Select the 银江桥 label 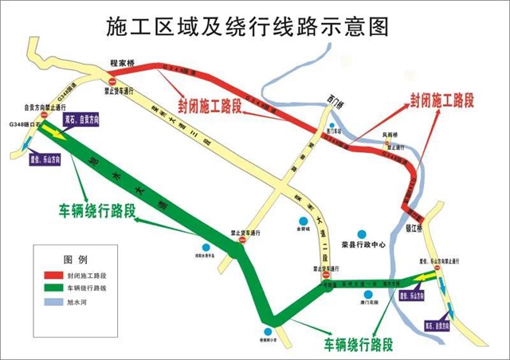point(414,225)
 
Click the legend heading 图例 point(75,260)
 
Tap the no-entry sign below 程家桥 point(112,80)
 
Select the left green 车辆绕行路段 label point(96,212)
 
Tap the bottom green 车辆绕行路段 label point(359,344)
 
